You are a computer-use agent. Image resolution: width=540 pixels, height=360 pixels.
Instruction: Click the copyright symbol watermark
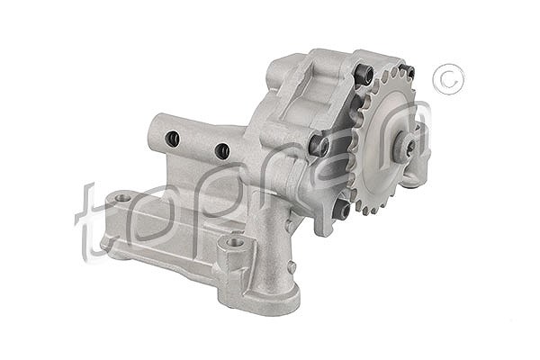(448, 79)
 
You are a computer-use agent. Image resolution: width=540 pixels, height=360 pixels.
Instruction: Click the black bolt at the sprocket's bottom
(342, 209)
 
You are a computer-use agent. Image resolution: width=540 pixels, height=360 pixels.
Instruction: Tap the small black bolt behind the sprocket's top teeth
(411, 72)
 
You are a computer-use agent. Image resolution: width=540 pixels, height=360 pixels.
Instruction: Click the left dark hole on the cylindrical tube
(172, 139)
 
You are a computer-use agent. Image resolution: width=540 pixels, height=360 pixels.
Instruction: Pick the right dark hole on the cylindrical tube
(221, 151)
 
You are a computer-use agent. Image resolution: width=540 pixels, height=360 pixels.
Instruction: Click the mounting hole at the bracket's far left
(121, 198)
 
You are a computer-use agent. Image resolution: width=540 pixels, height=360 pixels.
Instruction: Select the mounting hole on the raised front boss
(235, 242)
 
